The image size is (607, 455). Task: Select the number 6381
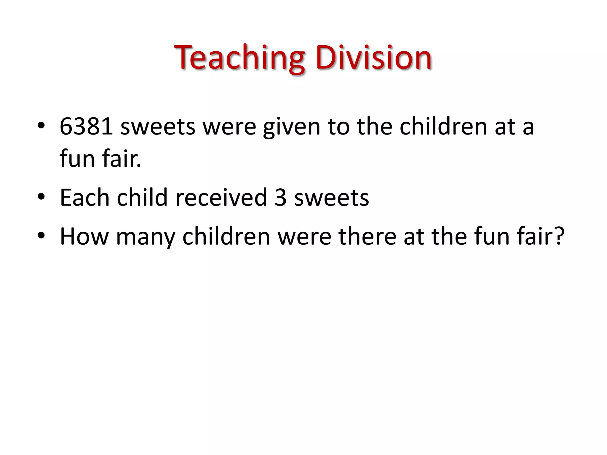[x=86, y=127]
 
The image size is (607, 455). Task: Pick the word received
[x=221, y=198]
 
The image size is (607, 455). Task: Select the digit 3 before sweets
[x=280, y=198]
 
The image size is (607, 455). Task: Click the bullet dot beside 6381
[x=41, y=126]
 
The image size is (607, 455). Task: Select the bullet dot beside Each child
[x=41, y=196]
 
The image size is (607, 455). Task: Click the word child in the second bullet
[x=142, y=198]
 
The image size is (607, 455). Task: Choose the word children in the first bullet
[x=443, y=127]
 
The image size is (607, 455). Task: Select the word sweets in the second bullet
[x=331, y=198]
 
